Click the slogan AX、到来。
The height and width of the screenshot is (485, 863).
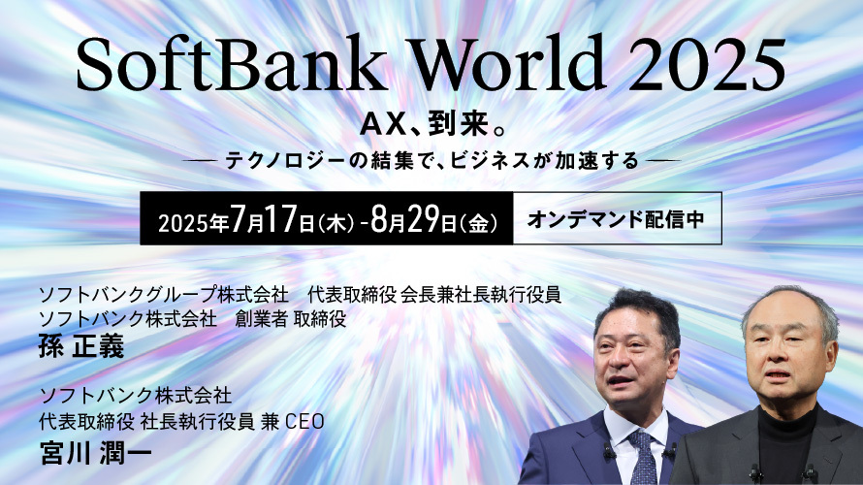[432, 125]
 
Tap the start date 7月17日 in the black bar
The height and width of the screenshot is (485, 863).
[272, 219]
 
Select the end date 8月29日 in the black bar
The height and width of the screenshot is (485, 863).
[414, 219]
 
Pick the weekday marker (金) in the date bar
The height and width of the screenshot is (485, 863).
[478, 223]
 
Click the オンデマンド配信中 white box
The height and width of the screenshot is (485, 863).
[617, 218]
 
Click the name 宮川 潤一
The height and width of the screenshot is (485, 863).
[96, 453]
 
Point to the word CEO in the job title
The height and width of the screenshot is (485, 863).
[304, 422]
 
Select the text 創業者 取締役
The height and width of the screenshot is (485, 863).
[291, 319]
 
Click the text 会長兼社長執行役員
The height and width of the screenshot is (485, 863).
[481, 295]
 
